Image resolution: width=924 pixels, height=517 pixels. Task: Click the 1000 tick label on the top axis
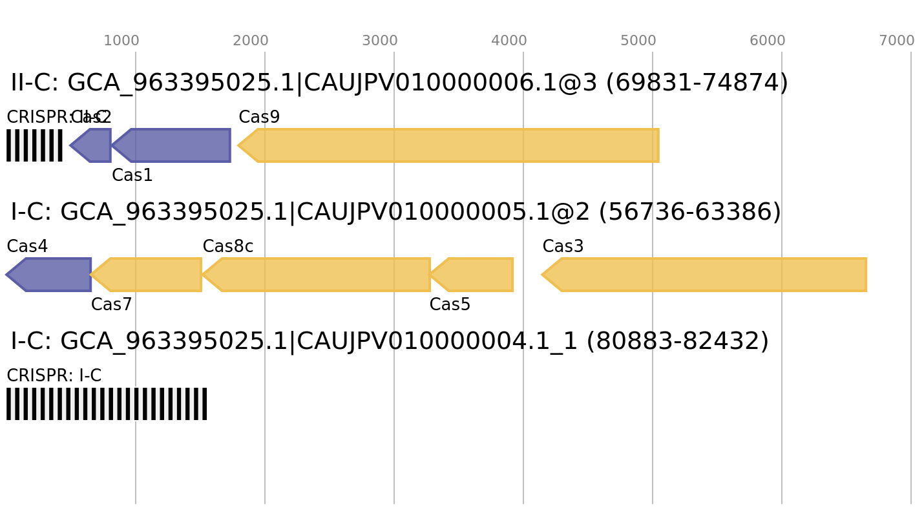121,41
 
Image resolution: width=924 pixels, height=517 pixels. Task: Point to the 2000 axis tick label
251,41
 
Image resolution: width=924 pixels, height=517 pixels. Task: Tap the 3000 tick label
380,41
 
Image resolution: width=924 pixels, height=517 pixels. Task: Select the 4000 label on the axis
509,41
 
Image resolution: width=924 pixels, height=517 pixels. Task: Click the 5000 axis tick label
638,41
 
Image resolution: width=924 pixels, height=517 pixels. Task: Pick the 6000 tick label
768,41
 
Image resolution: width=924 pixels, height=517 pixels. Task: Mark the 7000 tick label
897,41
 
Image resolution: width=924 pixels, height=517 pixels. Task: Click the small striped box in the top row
35,145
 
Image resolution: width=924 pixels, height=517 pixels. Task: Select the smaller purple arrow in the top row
92,145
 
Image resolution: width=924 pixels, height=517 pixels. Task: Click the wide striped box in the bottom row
107,404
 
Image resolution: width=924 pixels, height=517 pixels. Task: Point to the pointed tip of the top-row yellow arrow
238,145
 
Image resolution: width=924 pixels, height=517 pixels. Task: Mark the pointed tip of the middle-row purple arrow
6,275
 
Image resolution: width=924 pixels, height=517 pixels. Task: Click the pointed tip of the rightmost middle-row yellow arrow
542,275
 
